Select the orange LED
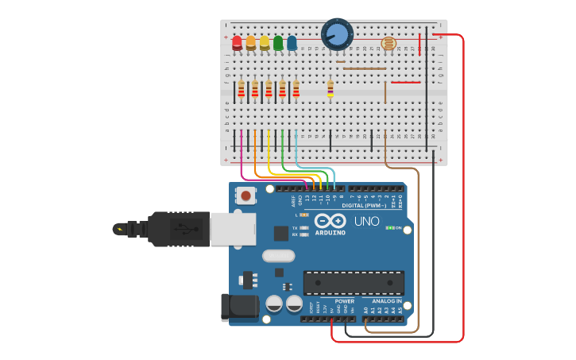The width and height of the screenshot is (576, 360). point(251,42)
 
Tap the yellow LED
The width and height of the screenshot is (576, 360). point(265,42)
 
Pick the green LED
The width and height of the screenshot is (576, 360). point(278,42)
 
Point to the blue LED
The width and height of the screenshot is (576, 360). point(292,42)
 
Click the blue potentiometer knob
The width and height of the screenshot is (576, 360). point(337,34)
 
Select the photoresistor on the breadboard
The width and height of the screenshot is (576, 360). point(389,45)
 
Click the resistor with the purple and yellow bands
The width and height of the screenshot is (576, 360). point(331,88)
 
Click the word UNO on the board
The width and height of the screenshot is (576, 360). point(366,221)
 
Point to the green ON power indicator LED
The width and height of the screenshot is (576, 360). point(389,227)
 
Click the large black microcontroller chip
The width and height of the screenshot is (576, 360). point(354,282)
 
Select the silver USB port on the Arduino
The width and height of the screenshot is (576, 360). point(232,229)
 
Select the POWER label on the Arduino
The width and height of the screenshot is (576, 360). point(344,301)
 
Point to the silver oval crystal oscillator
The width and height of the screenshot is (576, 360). point(278,256)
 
